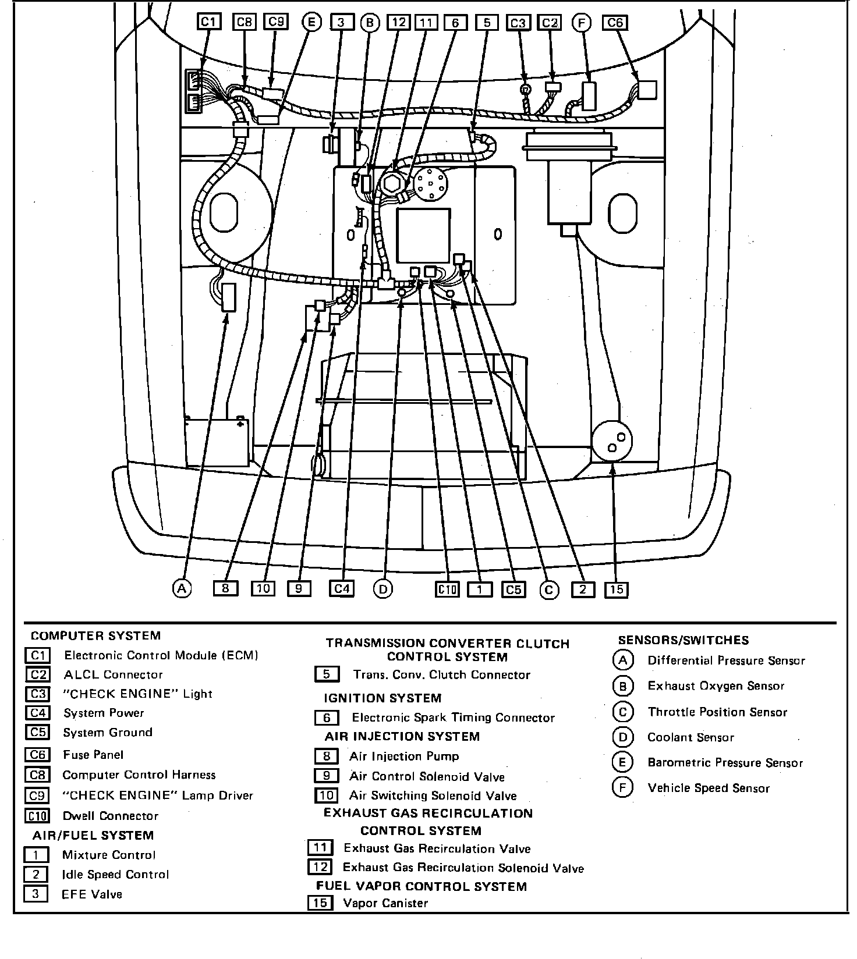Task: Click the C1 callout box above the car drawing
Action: [208, 22]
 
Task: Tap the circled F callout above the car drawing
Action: [581, 22]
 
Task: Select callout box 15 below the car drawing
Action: [616, 589]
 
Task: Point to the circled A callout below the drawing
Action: [182, 589]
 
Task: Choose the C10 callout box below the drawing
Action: [447, 589]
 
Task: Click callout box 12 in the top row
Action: [399, 22]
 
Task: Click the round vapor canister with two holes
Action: [612, 441]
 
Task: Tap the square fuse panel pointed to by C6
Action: [647, 90]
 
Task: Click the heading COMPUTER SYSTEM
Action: [95, 635]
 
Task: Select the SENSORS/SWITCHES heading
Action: [684, 640]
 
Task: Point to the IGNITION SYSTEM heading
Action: [383, 698]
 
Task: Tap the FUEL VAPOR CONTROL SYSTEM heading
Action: [422, 886]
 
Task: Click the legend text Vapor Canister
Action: [385, 903]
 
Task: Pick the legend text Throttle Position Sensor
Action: [717, 712]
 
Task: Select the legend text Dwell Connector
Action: [111, 816]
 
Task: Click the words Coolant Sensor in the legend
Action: [690, 737]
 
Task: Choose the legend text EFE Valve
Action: [92, 894]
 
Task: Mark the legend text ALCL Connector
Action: [114, 674]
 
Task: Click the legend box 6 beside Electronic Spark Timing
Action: [327, 718]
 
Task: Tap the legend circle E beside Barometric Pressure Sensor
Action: [622, 762]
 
